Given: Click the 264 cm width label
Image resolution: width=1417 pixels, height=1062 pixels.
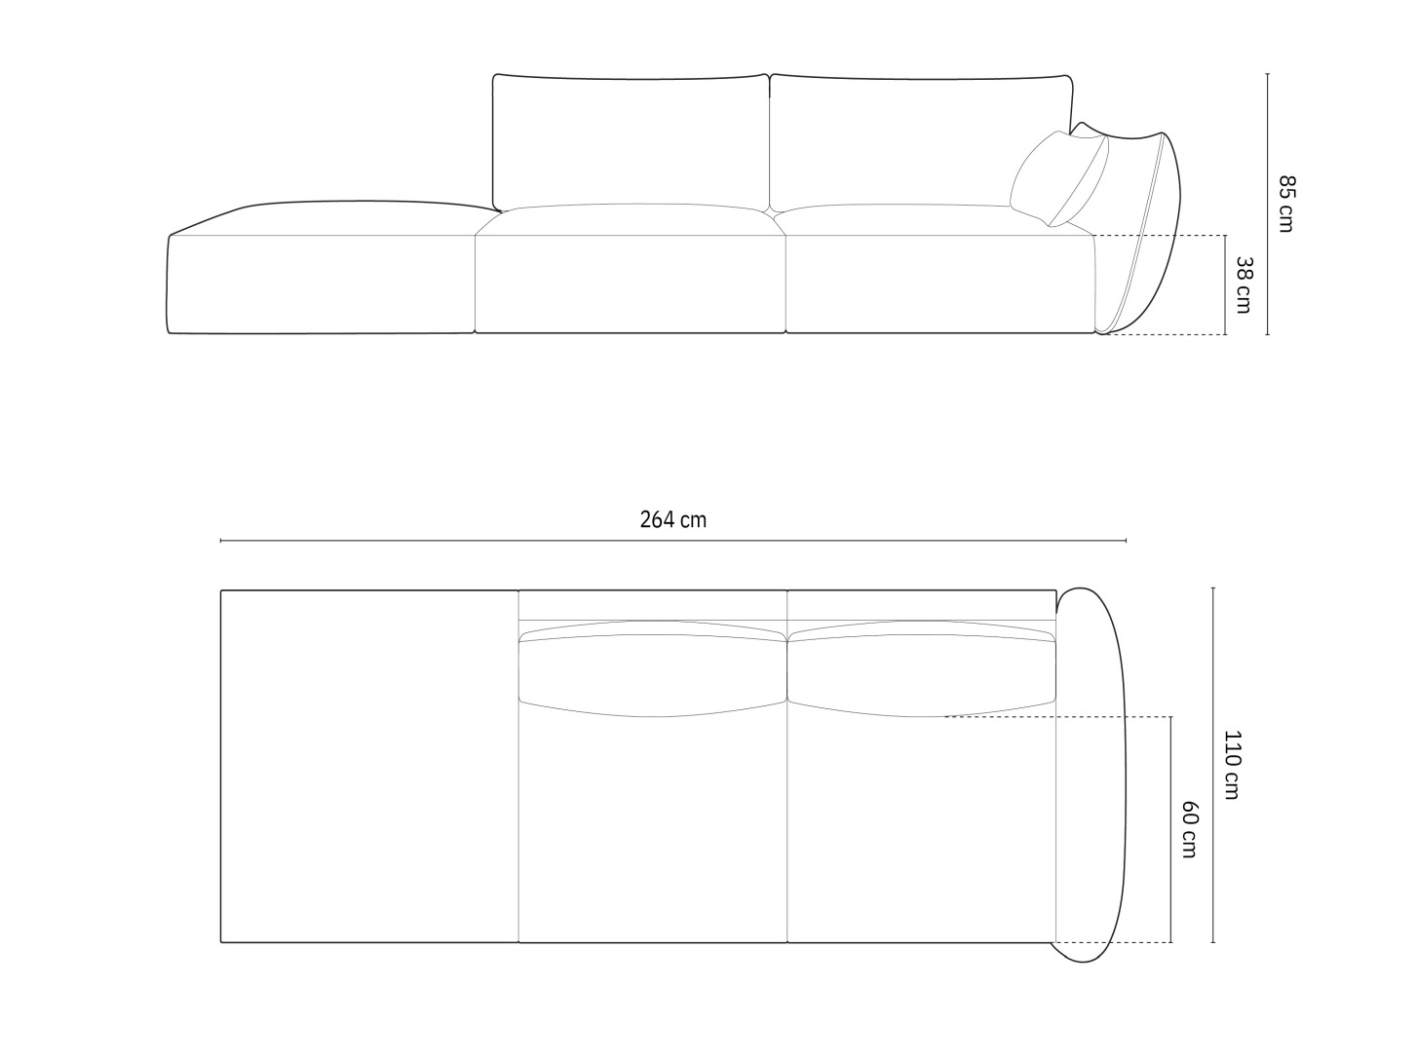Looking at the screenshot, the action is coord(672,519).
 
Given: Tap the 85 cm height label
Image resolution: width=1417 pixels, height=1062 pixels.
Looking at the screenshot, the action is coord(1286,204).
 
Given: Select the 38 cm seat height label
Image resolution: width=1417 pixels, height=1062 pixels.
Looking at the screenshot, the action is coord(1244,285).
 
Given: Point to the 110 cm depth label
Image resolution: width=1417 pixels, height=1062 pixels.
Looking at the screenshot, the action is coord(1233,765).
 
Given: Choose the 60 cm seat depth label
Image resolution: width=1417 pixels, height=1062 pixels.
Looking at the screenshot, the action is coord(1189,829).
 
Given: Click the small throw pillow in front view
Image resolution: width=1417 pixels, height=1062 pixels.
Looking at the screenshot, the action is coord(1059,178).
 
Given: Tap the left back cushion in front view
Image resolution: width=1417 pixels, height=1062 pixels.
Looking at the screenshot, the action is coord(631,142).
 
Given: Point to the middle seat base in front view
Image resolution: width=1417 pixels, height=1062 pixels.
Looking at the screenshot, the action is coord(631,284).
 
